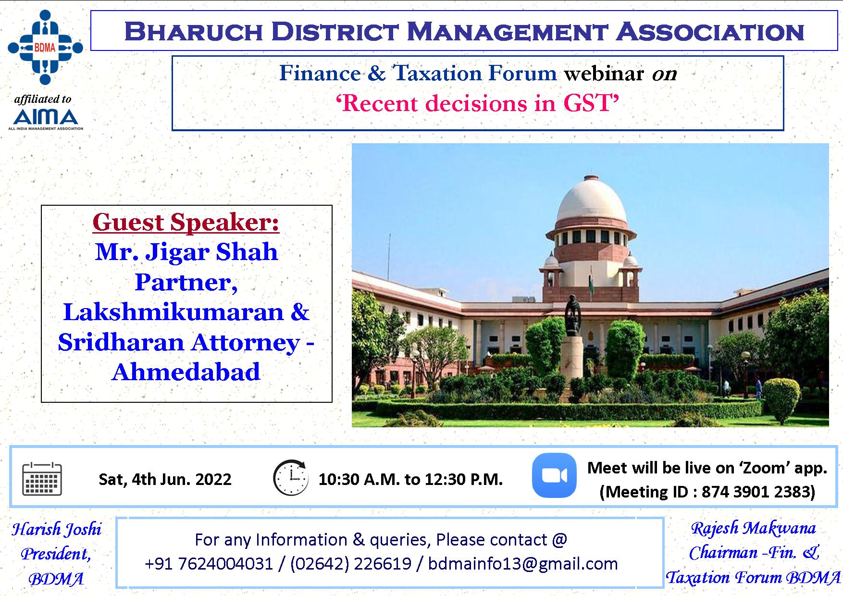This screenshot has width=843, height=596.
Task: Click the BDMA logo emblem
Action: click(x=45, y=47)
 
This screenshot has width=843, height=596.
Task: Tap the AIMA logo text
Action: click(x=46, y=117)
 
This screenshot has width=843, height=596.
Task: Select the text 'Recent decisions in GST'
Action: click(x=478, y=103)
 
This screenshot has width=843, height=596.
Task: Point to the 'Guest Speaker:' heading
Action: click(x=186, y=222)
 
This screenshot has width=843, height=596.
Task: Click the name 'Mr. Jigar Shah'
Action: click(x=186, y=252)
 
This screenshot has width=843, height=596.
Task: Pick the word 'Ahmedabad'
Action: click(x=186, y=372)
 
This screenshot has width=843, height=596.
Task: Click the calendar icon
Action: click(x=42, y=479)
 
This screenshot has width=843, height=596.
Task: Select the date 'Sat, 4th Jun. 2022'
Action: click(x=165, y=479)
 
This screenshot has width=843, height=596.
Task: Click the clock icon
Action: click(x=291, y=478)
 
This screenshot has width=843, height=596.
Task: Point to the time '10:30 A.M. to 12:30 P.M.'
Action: click(x=410, y=479)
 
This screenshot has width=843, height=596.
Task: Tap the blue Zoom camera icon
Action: click(x=554, y=475)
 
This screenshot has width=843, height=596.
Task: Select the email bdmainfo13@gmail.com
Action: click(x=523, y=563)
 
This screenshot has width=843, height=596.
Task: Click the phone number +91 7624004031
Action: click(x=209, y=563)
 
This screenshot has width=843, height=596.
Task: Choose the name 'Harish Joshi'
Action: click(x=57, y=529)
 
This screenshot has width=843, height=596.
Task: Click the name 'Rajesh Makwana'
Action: click(x=753, y=528)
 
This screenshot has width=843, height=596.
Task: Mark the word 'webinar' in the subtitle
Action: click(x=604, y=74)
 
